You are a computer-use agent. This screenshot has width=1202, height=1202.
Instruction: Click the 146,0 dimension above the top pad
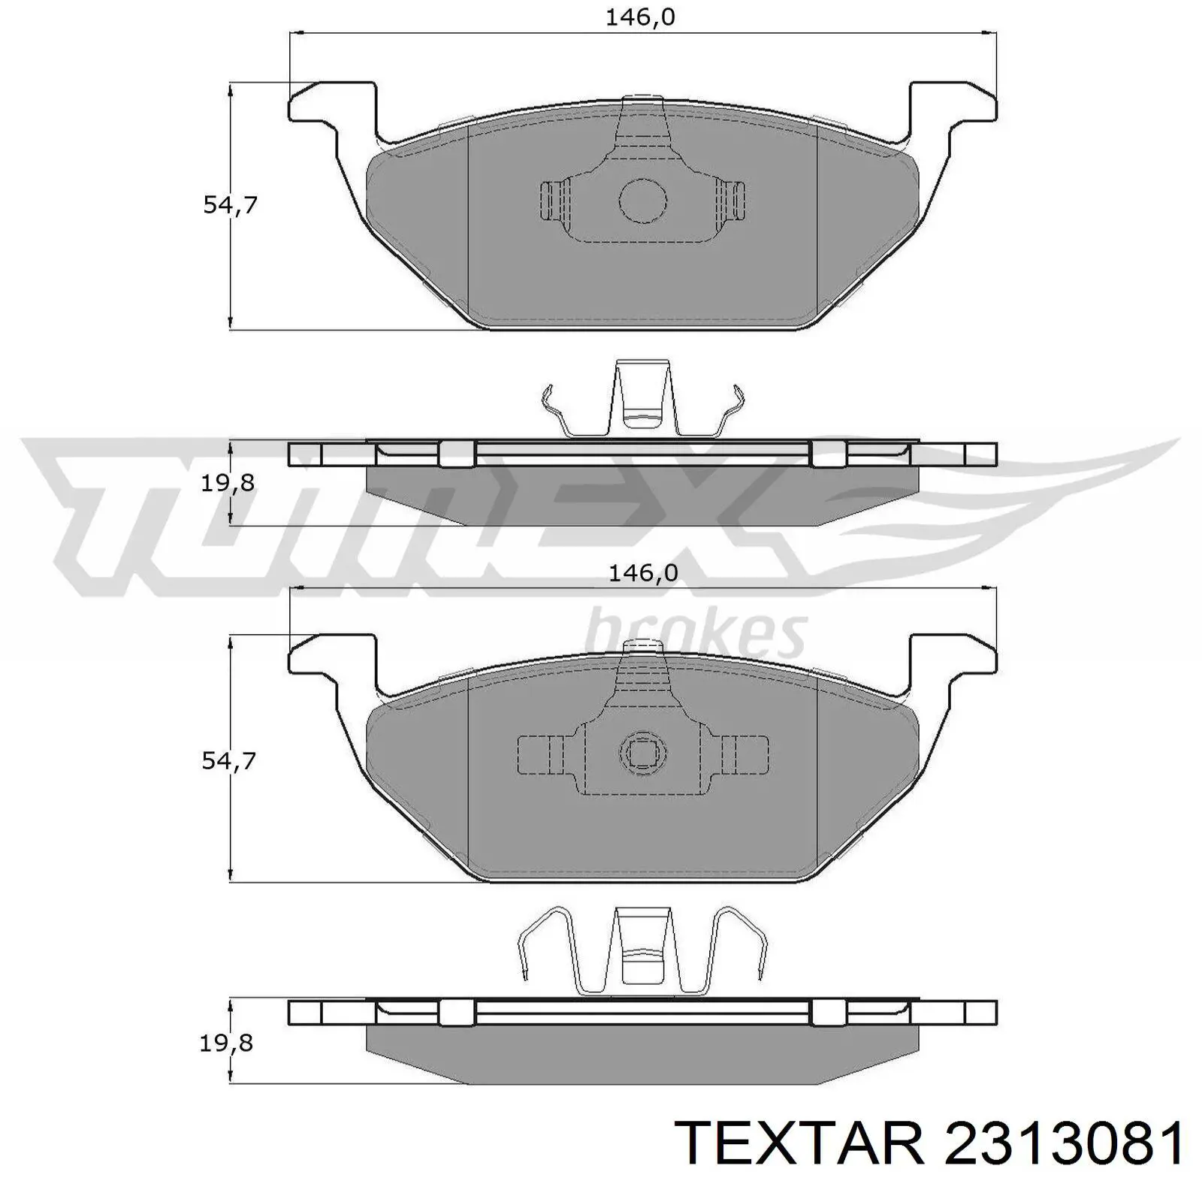(641, 17)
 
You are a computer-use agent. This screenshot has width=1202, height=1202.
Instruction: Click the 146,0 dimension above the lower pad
(643, 573)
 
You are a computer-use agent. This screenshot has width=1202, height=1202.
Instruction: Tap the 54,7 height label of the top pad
(230, 204)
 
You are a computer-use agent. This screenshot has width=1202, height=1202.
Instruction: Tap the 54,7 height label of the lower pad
(229, 761)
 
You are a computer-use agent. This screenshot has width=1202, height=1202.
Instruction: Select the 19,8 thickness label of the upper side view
(228, 483)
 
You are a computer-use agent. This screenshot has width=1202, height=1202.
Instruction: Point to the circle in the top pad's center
(643, 201)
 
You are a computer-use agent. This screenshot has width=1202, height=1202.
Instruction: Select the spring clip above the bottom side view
(643, 953)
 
